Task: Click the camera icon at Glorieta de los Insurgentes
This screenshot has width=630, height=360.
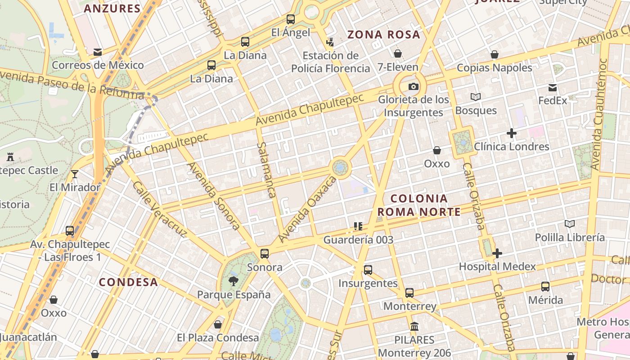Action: point(413,86)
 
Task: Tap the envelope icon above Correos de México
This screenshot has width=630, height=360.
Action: point(98,52)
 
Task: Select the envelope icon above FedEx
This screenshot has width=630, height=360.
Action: point(553,88)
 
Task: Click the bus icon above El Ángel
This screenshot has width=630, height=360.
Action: point(291,19)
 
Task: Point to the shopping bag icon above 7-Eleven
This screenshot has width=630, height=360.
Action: point(398,54)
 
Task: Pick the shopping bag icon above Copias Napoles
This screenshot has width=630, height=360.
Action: point(495,55)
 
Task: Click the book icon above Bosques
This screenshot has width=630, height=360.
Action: point(476,97)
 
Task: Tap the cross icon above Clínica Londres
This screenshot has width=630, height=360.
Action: point(511,133)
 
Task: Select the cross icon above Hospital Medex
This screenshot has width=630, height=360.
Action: point(497,253)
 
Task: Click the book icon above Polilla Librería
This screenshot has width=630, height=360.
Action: point(570,224)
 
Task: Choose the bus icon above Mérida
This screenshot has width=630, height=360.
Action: point(545,287)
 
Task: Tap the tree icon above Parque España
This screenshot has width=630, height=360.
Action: point(234,282)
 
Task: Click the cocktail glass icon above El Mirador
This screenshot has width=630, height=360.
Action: point(75,174)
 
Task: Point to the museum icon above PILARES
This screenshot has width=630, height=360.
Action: point(414,327)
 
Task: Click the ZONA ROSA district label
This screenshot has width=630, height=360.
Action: point(384,35)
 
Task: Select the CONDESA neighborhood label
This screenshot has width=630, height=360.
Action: point(128,282)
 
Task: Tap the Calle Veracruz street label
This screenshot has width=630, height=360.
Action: point(159,210)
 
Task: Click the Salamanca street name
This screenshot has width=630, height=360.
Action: point(266,170)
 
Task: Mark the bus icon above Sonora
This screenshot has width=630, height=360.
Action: point(265,254)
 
